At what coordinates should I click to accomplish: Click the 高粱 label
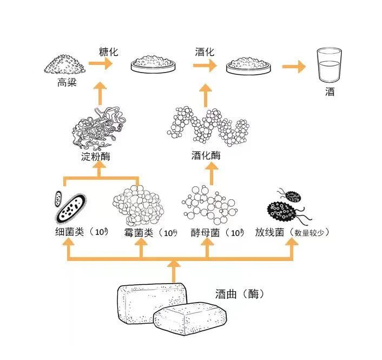[65, 83]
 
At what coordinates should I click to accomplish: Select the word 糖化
[108, 52]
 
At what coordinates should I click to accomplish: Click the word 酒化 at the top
[205, 52]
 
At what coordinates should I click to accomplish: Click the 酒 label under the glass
[330, 92]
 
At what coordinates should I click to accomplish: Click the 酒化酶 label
[206, 156]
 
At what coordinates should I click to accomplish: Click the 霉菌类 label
[139, 232]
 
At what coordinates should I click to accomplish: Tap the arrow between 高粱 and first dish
[100, 64]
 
